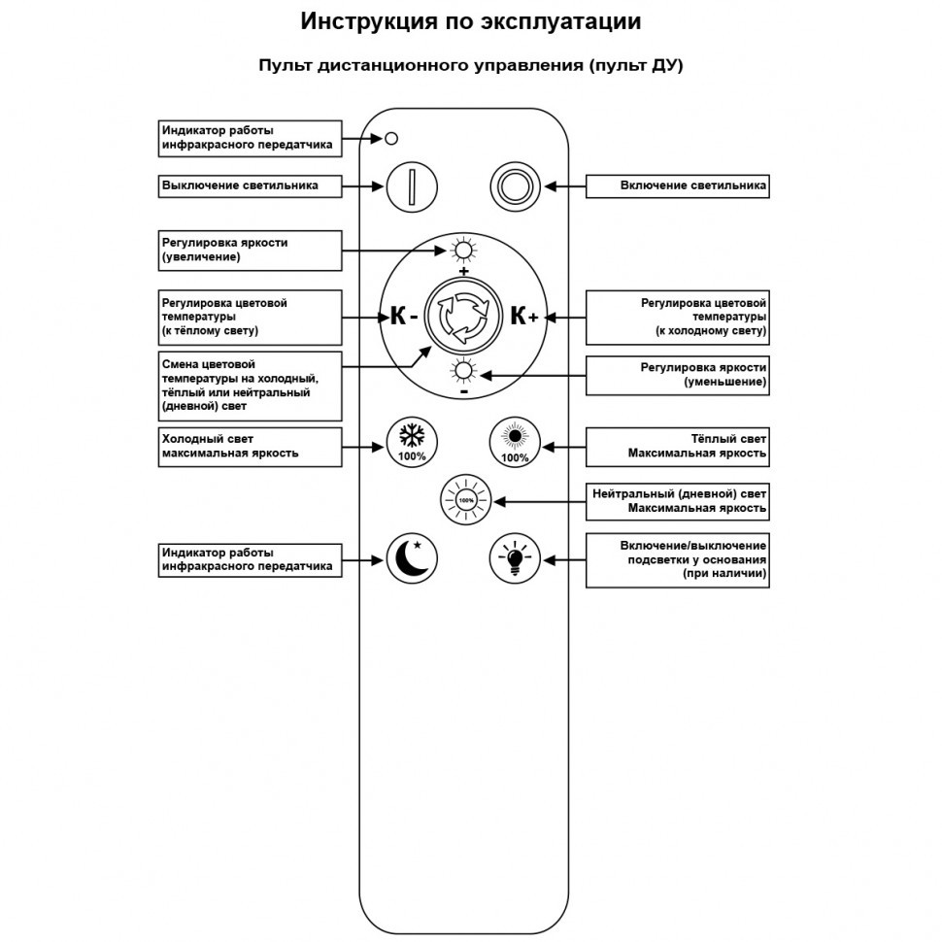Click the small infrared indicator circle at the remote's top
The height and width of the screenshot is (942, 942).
[x=391, y=138]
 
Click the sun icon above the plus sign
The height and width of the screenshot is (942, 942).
[x=463, y=251]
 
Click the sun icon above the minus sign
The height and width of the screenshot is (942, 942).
[x=463, y=371]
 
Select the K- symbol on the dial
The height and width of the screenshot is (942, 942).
[x=404, y=316]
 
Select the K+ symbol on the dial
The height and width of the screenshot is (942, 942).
[x=524, y=316]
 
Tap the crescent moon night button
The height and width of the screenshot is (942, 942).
[x=412, y=559]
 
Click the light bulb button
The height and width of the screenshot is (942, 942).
[x=514, y=559]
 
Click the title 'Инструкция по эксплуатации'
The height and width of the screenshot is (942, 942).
[x=471, y=21]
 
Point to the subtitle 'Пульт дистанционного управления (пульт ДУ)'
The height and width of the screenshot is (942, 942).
[x=471, y=65]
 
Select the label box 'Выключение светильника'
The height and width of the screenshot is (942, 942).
[x=250, y=185]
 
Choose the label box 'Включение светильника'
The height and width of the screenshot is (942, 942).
[x=678, y=185]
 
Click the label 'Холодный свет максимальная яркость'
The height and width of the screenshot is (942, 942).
[x=250, y=446]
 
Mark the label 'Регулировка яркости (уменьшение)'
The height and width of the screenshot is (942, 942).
[x=678, y=375]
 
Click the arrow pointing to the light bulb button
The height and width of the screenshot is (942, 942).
[x=563, y=559]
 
